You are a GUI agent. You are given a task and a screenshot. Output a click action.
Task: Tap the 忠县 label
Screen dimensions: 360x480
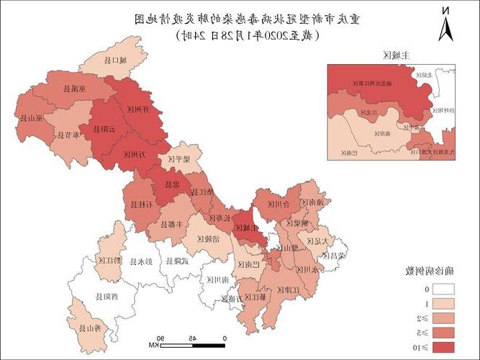173,184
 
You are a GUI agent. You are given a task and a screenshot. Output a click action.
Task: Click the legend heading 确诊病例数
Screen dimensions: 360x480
426,271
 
